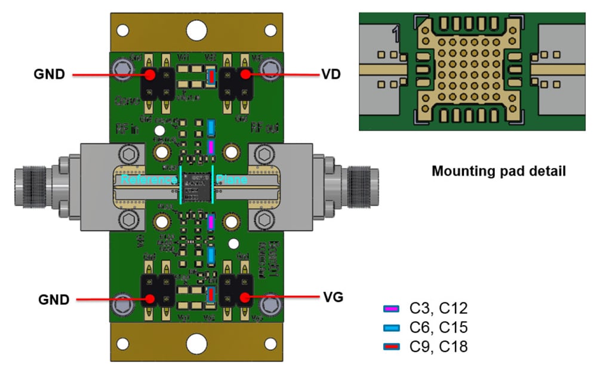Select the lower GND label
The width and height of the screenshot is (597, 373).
point(53,298)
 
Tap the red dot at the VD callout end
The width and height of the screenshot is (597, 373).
point(245,75)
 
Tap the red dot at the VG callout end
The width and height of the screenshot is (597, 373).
point(244,296)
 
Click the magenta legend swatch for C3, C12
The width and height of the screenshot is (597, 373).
point(390,309)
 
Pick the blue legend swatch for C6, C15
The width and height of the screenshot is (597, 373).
point(390,328)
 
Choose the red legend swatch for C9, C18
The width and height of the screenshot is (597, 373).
point(390,347)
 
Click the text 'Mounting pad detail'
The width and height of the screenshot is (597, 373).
point(498,172)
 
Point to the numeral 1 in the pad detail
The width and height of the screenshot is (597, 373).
point(396,35)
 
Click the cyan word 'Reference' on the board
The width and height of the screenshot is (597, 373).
point(148,179)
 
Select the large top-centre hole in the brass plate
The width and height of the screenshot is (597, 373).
point(196,29)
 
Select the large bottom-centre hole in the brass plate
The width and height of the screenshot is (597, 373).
point(196,344)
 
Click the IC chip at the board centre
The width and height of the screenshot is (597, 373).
point(196,187)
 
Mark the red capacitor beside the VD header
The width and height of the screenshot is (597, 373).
point(211,77)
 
